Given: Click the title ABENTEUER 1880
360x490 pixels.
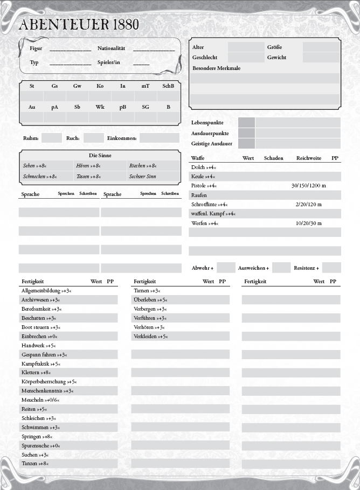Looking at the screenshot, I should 79,24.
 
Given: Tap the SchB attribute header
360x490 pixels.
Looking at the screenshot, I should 168,86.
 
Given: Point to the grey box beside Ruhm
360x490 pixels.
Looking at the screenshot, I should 52,138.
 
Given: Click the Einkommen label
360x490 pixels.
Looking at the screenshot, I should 122,138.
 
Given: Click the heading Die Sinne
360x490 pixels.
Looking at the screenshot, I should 100,155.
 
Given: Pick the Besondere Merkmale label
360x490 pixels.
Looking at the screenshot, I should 216,68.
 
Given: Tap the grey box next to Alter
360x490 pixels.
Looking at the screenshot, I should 246,47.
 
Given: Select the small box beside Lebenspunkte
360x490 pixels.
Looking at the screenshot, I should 246,123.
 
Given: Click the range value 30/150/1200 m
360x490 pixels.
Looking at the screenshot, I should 309,185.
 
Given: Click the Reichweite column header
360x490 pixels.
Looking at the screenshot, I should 309,158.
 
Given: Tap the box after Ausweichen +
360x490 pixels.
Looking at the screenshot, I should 281,268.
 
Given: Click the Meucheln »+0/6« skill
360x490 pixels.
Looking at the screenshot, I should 40,400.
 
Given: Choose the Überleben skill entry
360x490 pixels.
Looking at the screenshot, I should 150,299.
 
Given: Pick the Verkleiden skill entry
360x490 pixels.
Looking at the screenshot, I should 150,336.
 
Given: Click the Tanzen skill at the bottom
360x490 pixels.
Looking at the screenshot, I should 35,464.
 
